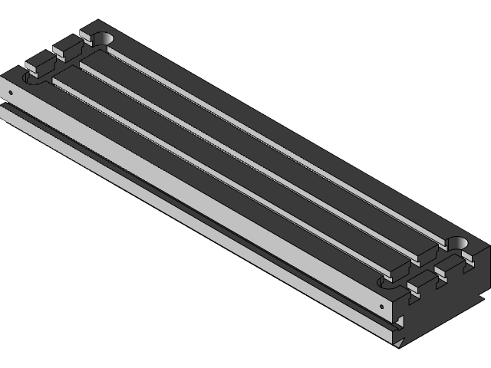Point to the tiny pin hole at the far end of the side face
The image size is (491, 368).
pos(11,93)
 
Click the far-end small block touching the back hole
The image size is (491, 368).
pos(88,34)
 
